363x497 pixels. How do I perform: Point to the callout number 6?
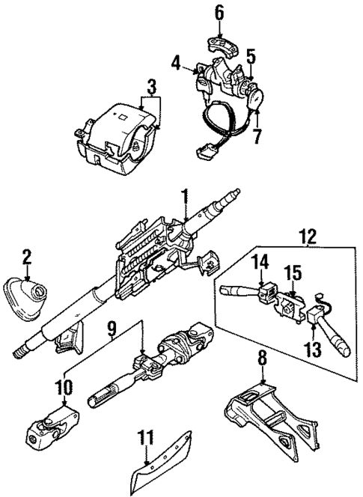pos(219,12)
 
